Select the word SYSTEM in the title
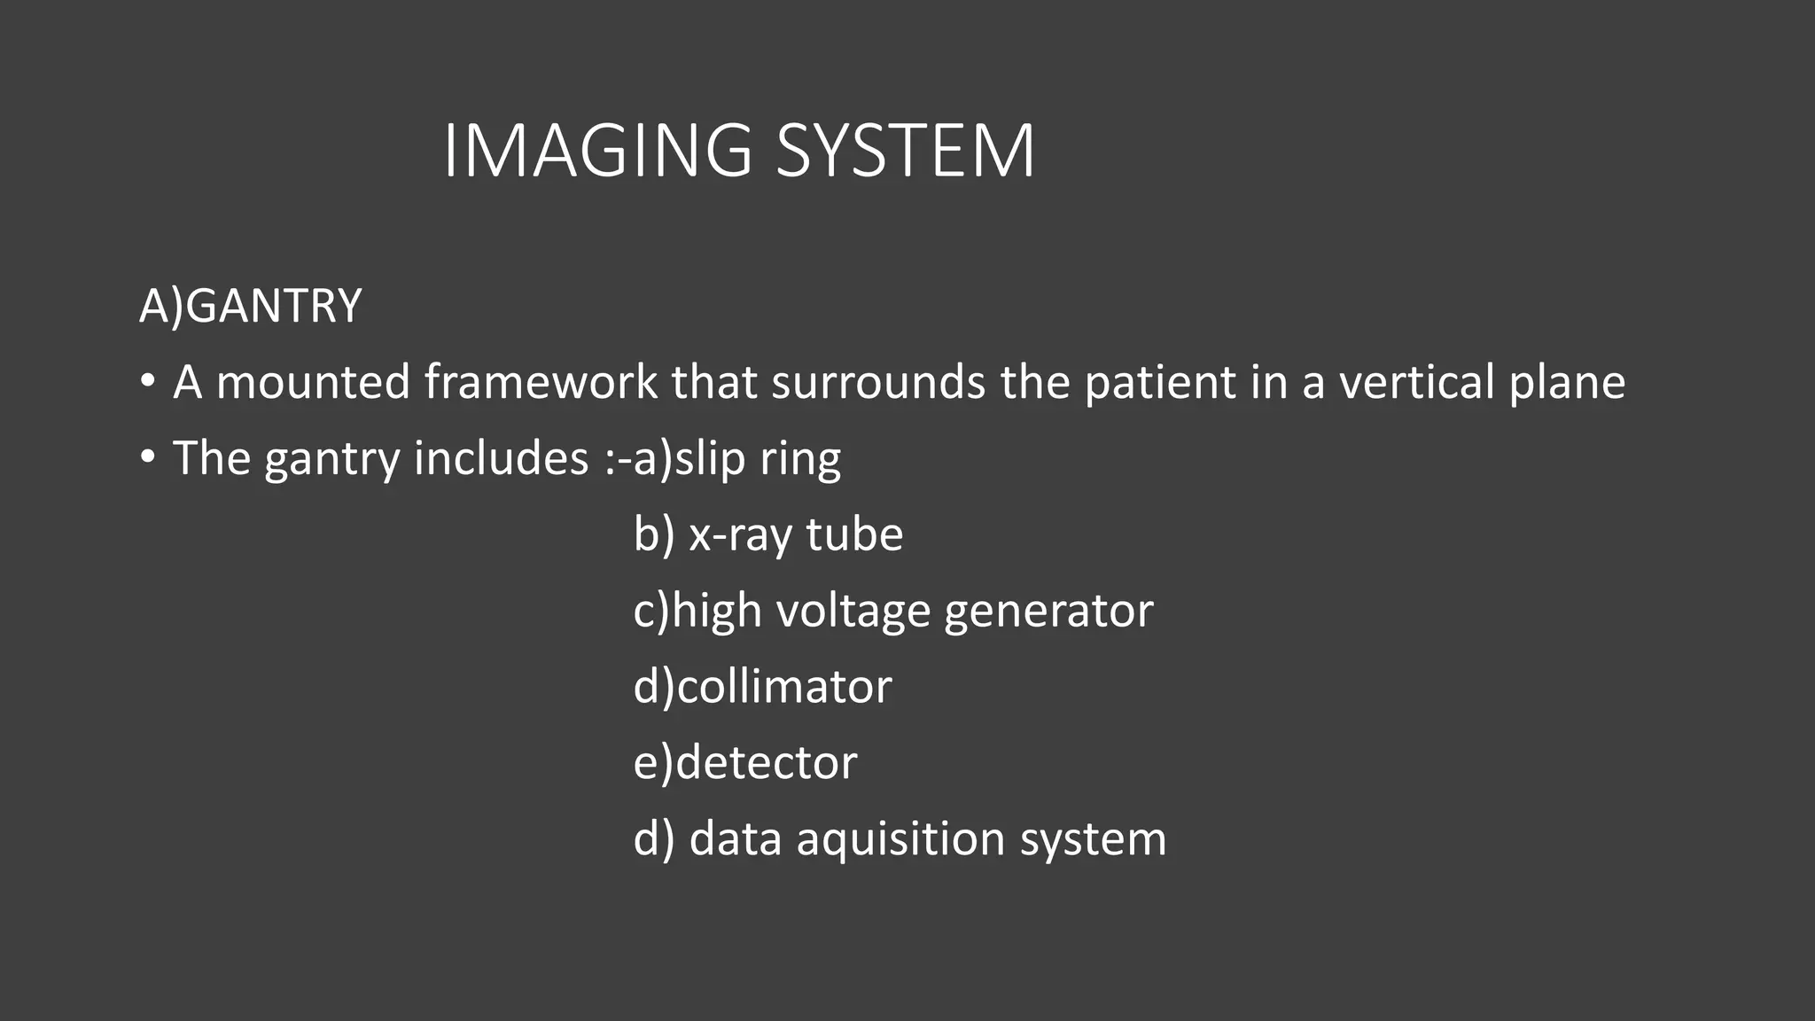click(x=905, y=151)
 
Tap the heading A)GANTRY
click(x=251, y=306)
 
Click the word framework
click(x=540, y=382)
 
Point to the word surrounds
click(x=878, y=382)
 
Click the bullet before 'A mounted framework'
click(x=148, y=383)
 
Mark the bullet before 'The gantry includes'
click(x=148, y=459)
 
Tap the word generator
click(x=1048, y=612)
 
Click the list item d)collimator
click(x=762, y=687)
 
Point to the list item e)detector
click(x=745, y=763)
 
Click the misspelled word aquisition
click(x=900, y=839)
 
